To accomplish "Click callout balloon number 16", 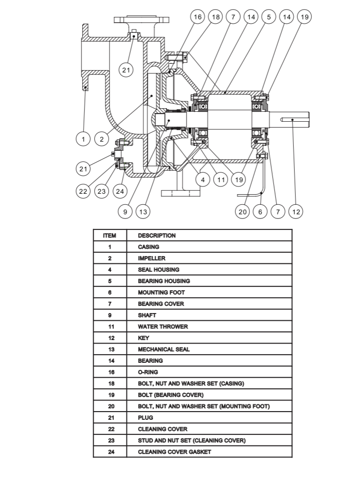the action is tap(198, 17).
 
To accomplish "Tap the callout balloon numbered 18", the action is tap(216, 17).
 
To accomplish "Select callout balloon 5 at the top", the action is tap(269, 17).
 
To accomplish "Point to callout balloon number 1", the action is tap(83, 139).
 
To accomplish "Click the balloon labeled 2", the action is tap(101, 139).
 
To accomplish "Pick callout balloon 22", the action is tap(83, 191).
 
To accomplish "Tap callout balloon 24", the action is tap(120, 191).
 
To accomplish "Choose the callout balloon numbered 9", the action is tap(125, 212).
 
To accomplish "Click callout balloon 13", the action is tap(143, 212).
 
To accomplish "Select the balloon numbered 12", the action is tap(296, 212).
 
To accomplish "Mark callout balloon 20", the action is tap(243, 212).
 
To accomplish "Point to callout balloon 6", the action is tap(260, 212).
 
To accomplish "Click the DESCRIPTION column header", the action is tap(157, 236).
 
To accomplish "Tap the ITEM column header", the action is tap(110, 236).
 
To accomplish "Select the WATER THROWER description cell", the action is tap(209, 327).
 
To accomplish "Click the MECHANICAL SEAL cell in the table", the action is tap(209, 349).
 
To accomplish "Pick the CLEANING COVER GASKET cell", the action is tap(209, 452).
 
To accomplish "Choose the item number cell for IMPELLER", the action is tap(110, 258).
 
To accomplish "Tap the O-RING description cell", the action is tap(209, 372).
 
